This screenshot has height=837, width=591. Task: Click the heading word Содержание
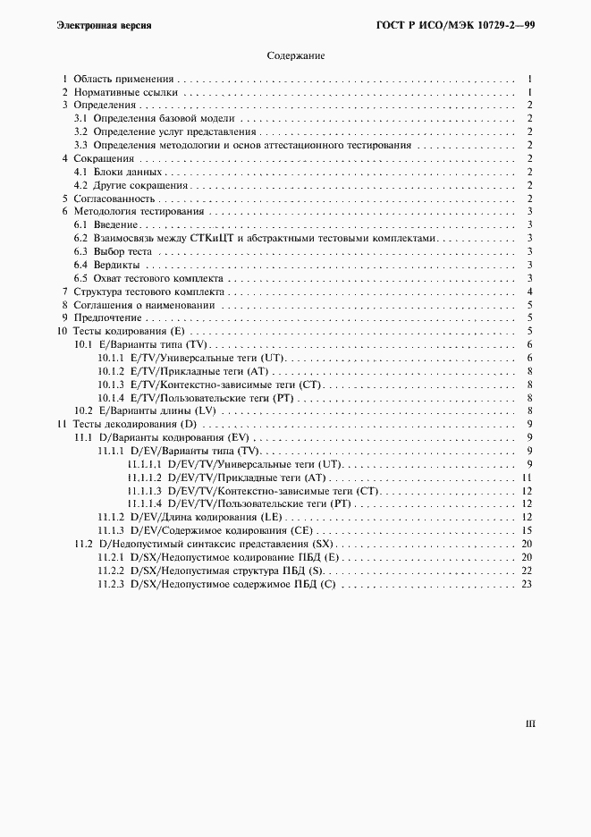click(x=295, y=55)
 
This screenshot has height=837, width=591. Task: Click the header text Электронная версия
click(x=104, y=25)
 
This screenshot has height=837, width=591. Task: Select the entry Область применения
click(x=123, y=79)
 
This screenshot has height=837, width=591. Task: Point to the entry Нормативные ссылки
click(x=126, y=92)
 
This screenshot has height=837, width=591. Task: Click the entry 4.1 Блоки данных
click(x=130, y=172)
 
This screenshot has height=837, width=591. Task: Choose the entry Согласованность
click(x=114, y=199)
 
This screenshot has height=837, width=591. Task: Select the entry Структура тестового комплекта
click(x=148, y=292)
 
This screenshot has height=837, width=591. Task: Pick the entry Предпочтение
click(x=107, y=317)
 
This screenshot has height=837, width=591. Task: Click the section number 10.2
click(x=84, y=410)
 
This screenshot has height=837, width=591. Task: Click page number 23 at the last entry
click(x=528, y=584)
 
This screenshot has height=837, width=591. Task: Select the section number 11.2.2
click(x=111, y=571)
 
